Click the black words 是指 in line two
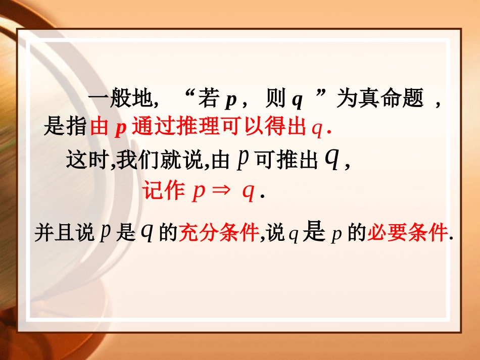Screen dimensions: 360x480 [x=66, y=127]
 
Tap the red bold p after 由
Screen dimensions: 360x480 [x=120, y=129]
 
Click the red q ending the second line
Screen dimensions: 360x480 [x=317, y=129]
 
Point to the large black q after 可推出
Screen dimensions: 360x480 [x=330, y=161]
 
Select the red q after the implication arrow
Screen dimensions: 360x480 [x=248, y=194]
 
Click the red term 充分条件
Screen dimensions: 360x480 [x=218, y=235]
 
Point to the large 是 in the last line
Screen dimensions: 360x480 [x=313, y=234]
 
